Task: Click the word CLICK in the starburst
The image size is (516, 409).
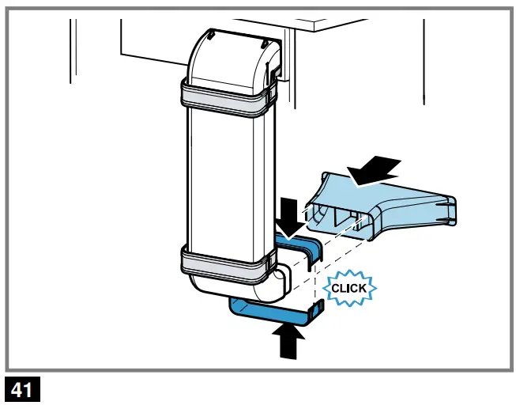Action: tap(348, 288)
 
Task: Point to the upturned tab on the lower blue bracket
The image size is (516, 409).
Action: tap(317, 311)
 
